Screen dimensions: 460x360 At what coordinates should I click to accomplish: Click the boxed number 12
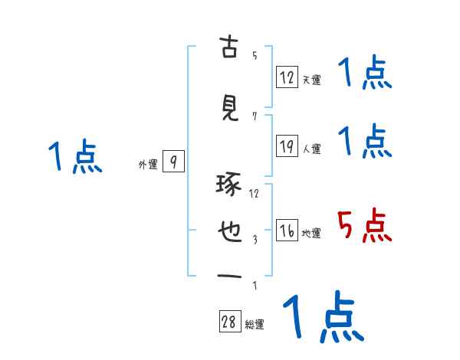[x=287, y=77]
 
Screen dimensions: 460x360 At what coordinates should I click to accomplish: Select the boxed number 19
[x=287, y=146]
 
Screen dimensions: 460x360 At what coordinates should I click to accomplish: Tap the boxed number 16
[x=287, y=231]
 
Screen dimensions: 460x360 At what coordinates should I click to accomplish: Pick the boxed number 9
[x=174, y=162]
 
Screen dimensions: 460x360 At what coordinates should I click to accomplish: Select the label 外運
[x=147, y=164]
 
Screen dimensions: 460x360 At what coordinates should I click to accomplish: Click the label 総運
[x=255, y=325]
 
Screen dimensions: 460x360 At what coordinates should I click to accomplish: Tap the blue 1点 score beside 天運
[x=365, y=74]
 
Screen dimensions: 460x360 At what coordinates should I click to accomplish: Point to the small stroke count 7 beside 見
[x=255, y=116]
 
